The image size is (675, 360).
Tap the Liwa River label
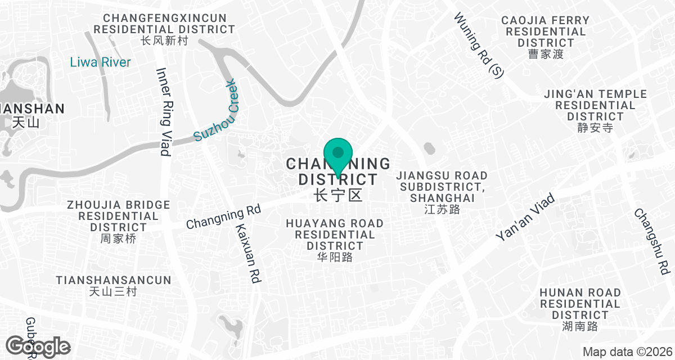[100, 62]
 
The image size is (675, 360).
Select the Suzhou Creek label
[216, 111]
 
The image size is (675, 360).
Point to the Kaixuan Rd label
[247, 253]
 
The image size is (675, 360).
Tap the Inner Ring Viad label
[164, 112]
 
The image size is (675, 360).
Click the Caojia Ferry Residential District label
[546, 37]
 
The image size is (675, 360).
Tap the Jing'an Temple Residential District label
[595, 110]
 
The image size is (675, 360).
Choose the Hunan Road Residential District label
[580, 309]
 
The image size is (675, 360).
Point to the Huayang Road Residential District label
[335, 240]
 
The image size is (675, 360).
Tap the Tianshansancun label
[113, 286]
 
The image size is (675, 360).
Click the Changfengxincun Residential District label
[164, 29]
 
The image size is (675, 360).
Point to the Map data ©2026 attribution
[627, 352]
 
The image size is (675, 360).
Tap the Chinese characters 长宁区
[337, 195]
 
